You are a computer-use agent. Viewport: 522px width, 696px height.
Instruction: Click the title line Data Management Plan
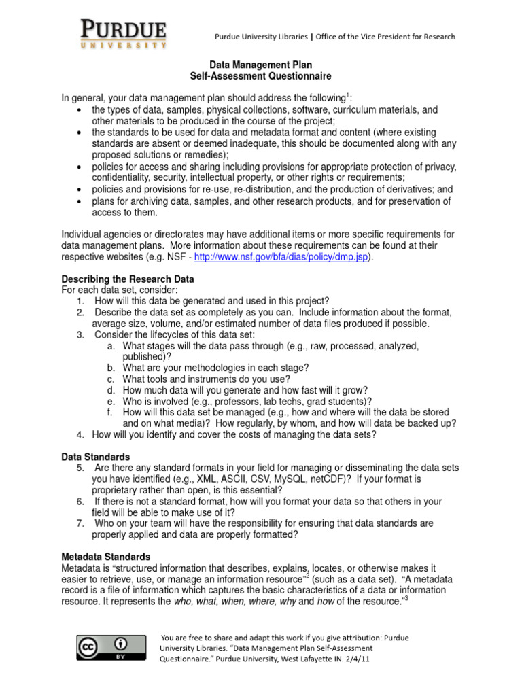tap(260, 65)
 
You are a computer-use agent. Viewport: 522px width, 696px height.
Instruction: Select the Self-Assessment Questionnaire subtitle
tap(260, 77)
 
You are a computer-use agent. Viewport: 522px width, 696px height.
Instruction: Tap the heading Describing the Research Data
tap(128, 279)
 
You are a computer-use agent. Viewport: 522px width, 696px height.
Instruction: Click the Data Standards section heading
tap(96, 457)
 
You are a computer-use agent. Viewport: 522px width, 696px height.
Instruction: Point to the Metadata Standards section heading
tap(106, 557)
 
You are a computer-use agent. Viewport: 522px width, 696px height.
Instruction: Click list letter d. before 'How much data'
tap(111, 390)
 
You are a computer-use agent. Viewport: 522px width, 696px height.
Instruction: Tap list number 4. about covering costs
tap(80, 434)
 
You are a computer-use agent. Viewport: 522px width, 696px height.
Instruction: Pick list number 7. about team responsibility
tap(81, 523)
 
